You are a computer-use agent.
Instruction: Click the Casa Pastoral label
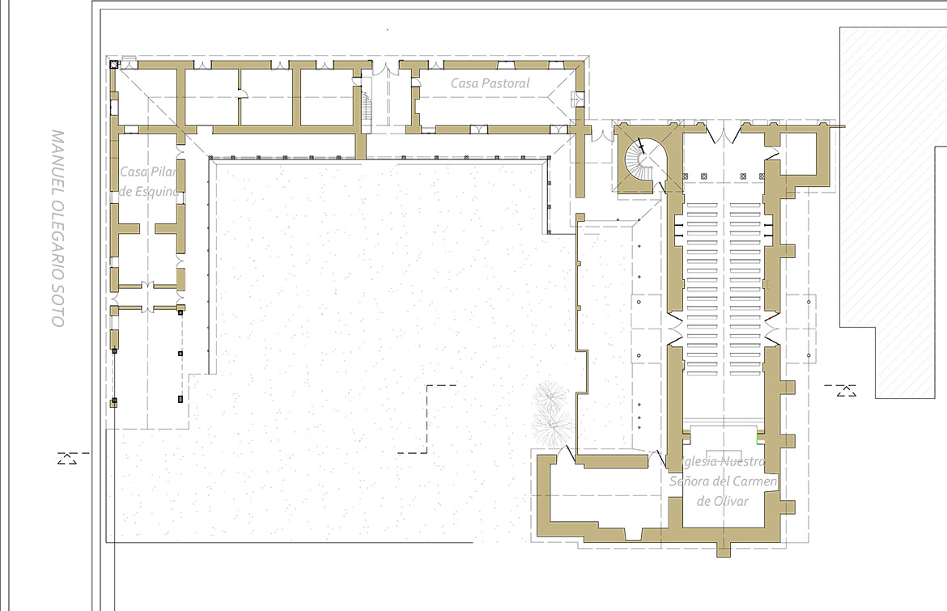(x=490, y=83)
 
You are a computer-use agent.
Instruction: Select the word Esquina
(x=156, y=191)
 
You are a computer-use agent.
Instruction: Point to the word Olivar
(x=732, y=501)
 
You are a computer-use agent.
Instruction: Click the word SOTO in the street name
(x=57, y=307)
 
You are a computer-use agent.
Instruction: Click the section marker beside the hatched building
(x=845, y=391)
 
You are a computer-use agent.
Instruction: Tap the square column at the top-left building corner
(x=113, y=63)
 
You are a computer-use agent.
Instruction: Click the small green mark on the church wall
(x=758, y=433)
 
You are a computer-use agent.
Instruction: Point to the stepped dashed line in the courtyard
(x=427, y=419)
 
